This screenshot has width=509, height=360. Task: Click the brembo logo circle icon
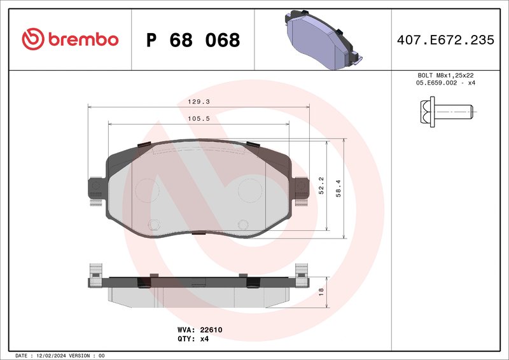(32, 39)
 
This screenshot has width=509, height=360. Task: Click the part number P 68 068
(193, 40)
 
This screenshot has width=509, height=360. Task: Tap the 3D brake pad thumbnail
(321, 39)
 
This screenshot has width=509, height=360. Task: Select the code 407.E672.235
(445, 40)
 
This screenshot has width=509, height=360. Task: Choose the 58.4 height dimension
(339, 186)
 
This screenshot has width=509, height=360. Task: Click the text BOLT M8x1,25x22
(445, 75)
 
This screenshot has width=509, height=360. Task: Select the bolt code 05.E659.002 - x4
(445, 83)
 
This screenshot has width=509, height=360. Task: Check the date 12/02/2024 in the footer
(61, 356)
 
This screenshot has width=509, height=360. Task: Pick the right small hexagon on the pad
(242, 224)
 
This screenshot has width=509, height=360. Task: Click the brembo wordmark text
(81, 39)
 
